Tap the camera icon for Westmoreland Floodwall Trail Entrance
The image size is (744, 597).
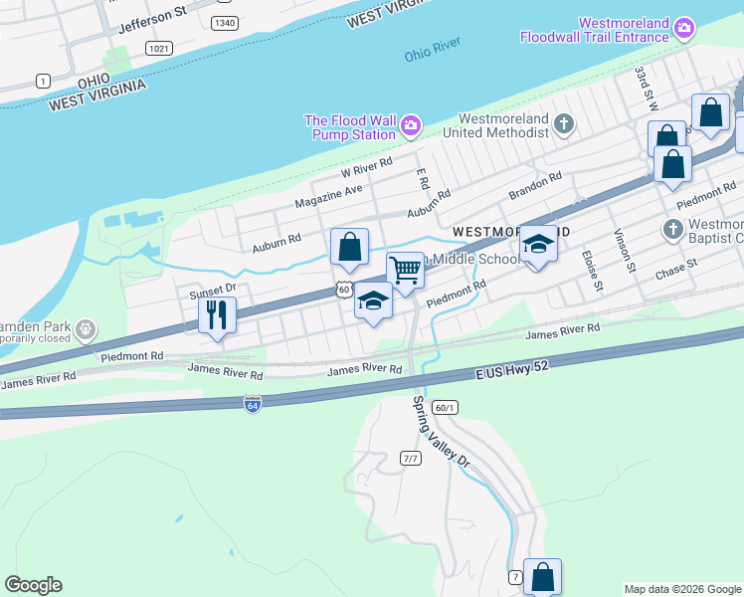pos(683,27)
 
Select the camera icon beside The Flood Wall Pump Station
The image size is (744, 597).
pos(410,125)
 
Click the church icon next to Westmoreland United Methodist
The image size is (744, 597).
pos(564,124)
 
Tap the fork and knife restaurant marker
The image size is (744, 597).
pos(217,315)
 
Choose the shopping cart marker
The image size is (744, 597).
pos(405,271)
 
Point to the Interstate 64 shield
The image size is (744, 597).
pos(253,405)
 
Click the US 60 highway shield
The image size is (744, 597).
pos(343,290)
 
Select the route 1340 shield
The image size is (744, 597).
pos(225,22)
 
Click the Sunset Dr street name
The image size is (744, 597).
pos(212,293)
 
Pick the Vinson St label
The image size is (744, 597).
pos(624,250)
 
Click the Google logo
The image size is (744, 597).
pos(33,585)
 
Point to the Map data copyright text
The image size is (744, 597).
pos(682,589)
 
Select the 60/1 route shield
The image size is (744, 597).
pos(446,407)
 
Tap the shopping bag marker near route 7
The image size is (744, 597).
pos(542,576)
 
